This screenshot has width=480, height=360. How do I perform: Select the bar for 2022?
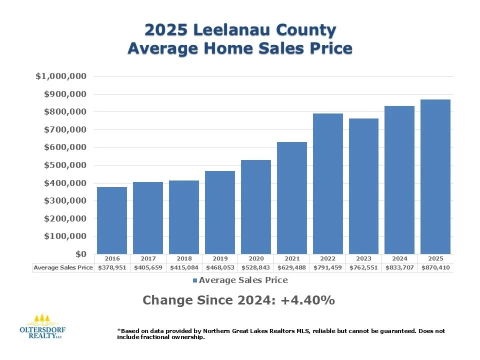[327, 184]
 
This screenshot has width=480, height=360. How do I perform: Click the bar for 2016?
[111, 220]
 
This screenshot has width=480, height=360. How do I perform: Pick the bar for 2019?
[219, 212]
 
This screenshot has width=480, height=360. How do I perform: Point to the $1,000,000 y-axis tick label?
[61, 76]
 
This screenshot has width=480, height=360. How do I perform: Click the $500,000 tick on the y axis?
[65, 165]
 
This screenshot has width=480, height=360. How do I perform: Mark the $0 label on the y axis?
[80, 254]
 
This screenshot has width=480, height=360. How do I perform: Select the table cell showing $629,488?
[292, 267]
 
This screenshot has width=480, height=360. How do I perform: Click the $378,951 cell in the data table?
[112, 267]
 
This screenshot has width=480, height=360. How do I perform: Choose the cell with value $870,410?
[436, 267]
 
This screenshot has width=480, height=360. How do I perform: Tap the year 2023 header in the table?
[364, 259]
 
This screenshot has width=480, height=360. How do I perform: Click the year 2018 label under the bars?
[183, 259]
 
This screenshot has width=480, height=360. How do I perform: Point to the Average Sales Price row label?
[63, 267]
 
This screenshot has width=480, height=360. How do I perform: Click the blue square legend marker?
[195, 280]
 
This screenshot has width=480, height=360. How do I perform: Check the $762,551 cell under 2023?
[364, 267]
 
